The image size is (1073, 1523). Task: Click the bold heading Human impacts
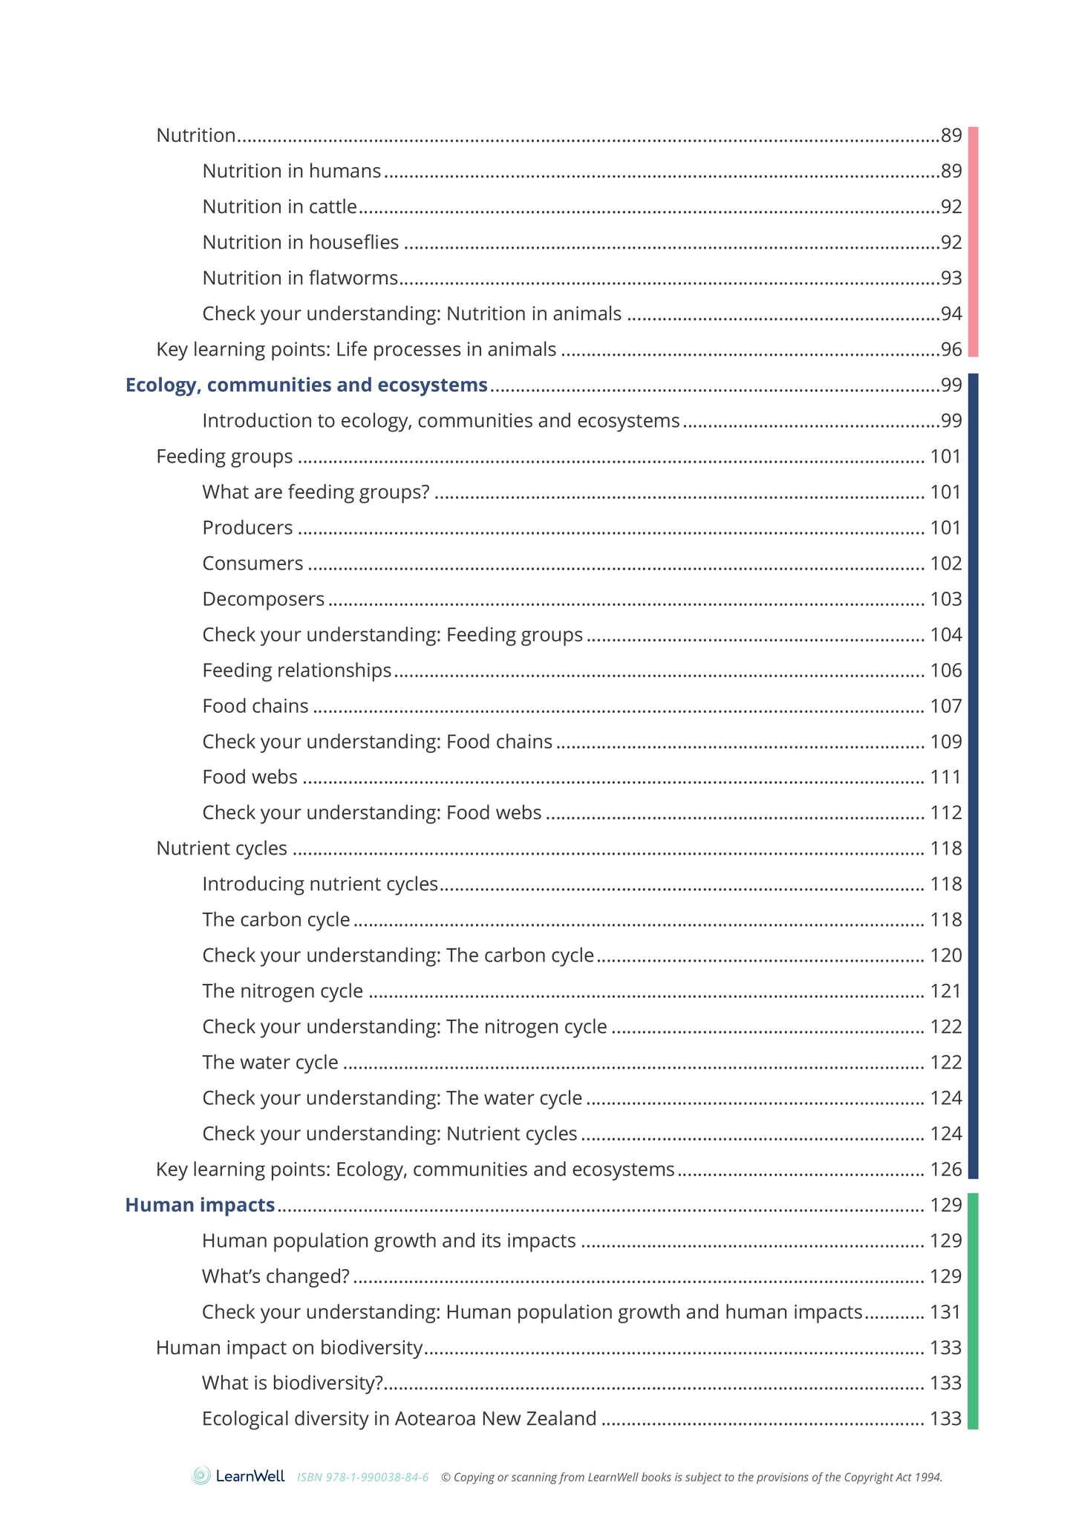(x=200, y=1204)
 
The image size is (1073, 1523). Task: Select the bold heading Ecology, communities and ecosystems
(x=306, y=385)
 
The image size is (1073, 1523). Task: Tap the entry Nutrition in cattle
(x=279, y=206)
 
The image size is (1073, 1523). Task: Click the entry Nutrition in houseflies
(x=300, y=242)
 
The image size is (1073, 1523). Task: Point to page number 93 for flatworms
(x=950, y=278)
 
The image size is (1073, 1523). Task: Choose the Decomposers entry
(x=263, y=599)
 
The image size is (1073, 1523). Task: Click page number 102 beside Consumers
(x=945, y=563)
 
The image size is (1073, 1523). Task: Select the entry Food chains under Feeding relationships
(x=255, y=705)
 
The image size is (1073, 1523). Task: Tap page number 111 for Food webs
(x=945, y=777)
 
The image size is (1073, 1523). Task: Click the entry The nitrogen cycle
(x=282, y=991)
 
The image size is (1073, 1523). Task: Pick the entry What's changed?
(x=275, y=1276)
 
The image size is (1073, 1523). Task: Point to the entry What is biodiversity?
(x=292, y=1383)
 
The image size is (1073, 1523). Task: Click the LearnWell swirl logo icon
(x=201, y=1475)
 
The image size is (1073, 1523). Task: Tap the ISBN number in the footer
(x=362, y=1477)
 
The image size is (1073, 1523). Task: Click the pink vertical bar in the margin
(x=973, y=241)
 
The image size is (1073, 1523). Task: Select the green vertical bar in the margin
(x=973, y=1311)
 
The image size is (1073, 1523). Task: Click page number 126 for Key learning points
(x=945, y=1169)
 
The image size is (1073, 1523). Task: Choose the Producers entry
(x=247, y=527)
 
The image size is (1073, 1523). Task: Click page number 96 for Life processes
(x=950, y=349)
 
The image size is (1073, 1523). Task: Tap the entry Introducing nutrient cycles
(x=320, y=884)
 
